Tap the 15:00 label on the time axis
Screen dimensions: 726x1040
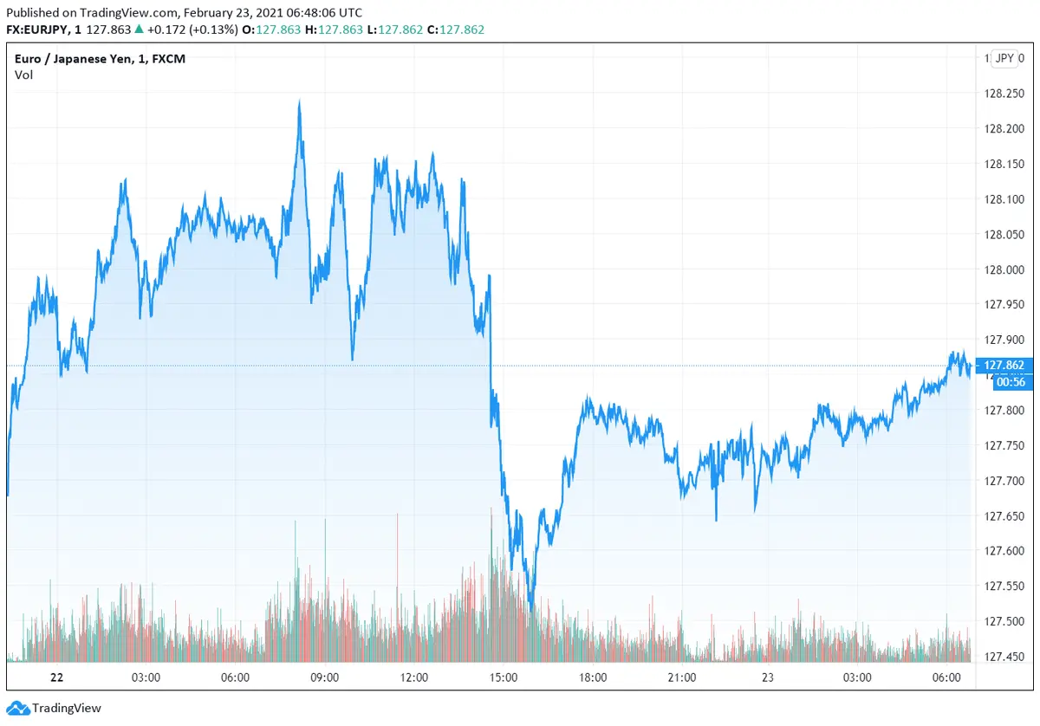[504, 677]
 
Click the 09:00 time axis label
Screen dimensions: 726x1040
[325, 677]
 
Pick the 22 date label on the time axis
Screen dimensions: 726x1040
[57, 677]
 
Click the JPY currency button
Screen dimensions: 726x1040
[1004, 58]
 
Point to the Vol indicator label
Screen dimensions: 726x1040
[23, 75]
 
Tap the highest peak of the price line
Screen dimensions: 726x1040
[299, 101]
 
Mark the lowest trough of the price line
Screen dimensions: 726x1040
[530, 609]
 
